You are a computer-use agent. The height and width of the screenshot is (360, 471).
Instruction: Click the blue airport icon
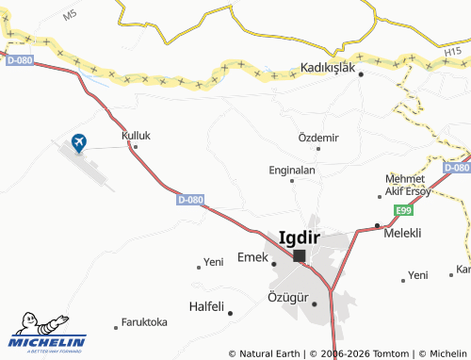(78, 143)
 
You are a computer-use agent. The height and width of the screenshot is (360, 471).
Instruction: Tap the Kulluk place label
(136, 136)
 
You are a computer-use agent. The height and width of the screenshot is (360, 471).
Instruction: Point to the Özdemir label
(317, 138)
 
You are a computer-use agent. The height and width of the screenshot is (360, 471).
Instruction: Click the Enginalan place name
(292, 171)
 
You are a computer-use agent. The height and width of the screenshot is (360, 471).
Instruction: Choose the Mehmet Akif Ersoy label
(408, 185)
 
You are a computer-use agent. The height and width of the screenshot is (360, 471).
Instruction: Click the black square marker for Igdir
(300, 256)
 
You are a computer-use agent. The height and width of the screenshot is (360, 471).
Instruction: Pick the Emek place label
(252, 257)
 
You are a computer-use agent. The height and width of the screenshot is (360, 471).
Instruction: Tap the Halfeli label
(206, 306)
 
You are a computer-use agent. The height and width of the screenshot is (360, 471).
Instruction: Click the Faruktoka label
(145, 322)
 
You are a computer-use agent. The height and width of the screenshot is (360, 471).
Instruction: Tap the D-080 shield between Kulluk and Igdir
(189, 200)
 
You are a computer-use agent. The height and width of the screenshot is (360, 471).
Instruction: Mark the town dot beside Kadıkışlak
(361, 76)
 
